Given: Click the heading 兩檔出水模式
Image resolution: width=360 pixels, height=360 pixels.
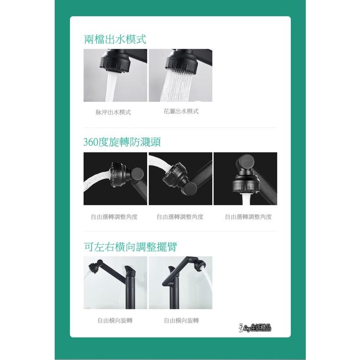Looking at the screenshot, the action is click(x=115, y=39).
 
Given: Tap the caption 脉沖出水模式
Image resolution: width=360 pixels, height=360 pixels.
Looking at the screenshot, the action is click(x=113, y=112).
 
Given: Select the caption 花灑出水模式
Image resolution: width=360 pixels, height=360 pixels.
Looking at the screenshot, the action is click(x=181, y=111).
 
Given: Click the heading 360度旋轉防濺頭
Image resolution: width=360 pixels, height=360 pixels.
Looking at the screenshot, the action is click(x=122, y=142).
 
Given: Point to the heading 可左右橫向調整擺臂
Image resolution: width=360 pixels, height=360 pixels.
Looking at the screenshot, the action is click(x=130, y=247).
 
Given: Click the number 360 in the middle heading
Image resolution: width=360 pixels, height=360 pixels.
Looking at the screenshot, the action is click(x=91, y=142).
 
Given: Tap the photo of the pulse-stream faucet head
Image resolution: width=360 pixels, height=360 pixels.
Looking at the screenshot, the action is click(x=115, y=75).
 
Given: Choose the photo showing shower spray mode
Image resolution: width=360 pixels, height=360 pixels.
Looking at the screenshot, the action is click(x=180, y=75).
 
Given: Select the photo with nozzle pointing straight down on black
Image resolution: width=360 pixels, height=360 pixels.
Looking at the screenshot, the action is click(x=245, y=179).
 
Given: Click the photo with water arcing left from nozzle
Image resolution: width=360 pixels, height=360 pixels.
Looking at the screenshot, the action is click(x=115, y=179).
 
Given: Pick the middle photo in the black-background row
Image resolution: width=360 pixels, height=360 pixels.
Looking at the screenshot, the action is click(x=180, y=179).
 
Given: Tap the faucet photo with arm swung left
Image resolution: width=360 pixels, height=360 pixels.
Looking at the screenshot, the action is click(x=115, y=283).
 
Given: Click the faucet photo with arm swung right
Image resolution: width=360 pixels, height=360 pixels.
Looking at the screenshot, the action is click(x=180, y=283).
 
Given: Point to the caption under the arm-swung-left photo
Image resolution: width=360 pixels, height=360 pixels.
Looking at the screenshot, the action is click(x=115, y=320).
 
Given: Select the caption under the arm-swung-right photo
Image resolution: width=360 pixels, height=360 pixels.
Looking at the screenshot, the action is click(x=181, y=320).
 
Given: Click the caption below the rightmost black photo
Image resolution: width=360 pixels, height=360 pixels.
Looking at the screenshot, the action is click(x=248, y=217).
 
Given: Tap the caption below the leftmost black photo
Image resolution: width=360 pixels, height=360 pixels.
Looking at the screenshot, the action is click(x=114, y=217).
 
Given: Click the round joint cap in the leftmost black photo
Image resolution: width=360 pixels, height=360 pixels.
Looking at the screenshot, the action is click(x=137, y=174).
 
